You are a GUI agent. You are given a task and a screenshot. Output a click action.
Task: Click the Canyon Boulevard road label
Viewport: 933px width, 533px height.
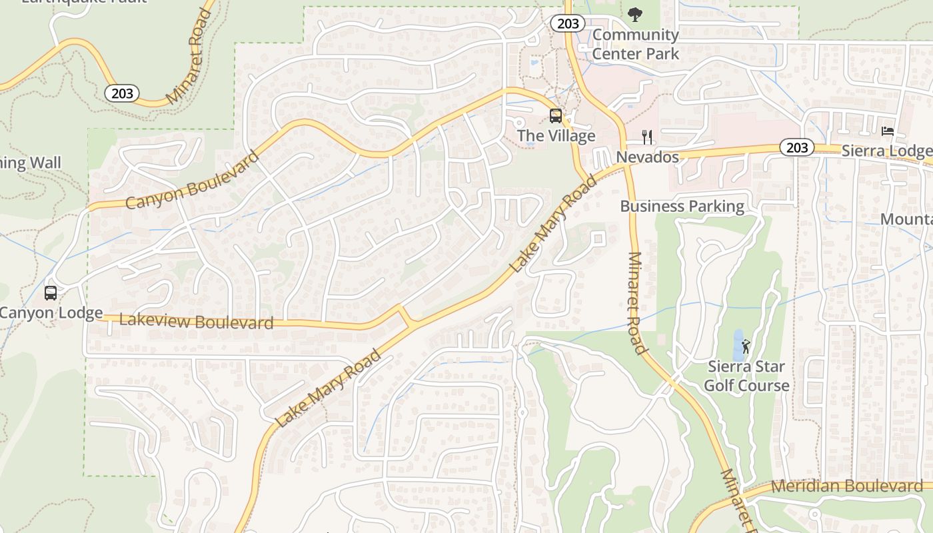click(x=192, y=181)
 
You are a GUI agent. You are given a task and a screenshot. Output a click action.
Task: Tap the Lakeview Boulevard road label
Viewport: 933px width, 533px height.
click(x=196, y=321)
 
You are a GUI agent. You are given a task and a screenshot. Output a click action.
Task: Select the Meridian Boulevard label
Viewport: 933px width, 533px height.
click(x=846, y=486)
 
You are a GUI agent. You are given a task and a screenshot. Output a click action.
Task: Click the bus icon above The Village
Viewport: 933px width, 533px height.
click(x=555, y=116)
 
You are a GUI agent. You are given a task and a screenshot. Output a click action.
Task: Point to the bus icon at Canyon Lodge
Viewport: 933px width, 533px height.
click(x=50, y=292)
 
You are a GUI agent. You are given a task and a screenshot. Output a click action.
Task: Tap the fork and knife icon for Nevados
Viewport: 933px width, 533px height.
click(x=646, y=137)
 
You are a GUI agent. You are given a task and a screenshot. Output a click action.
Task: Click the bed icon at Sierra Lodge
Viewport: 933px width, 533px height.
click(x=887, y=131)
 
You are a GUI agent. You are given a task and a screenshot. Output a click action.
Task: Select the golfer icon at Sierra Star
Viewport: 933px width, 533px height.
click(x=746, y=346)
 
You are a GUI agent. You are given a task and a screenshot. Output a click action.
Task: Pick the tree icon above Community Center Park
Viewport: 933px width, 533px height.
click(x=635, y=13)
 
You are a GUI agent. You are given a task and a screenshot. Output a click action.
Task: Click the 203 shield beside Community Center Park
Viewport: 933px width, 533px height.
click(x=568, y=24)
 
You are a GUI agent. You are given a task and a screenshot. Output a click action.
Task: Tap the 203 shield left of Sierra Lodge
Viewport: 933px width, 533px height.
click(x=797, y=147)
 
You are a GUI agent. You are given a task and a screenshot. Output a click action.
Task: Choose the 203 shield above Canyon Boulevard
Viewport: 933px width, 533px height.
click(x=122, y=93)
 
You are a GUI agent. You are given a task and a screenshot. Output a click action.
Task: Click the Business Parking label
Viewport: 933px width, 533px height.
click(x=682, y=206)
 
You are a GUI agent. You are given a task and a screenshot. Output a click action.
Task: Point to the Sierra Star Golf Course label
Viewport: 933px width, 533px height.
click(x=746, y=376)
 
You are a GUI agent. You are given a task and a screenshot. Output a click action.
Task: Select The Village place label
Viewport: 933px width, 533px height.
click(x=556, y=136)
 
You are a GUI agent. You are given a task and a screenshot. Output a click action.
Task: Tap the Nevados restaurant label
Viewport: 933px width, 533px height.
click(x=647, y=157)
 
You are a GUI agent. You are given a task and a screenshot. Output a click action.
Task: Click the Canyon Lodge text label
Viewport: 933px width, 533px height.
click(x=51, y=312)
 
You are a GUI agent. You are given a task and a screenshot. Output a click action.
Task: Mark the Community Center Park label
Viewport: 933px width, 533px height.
click(x=635, y=44)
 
